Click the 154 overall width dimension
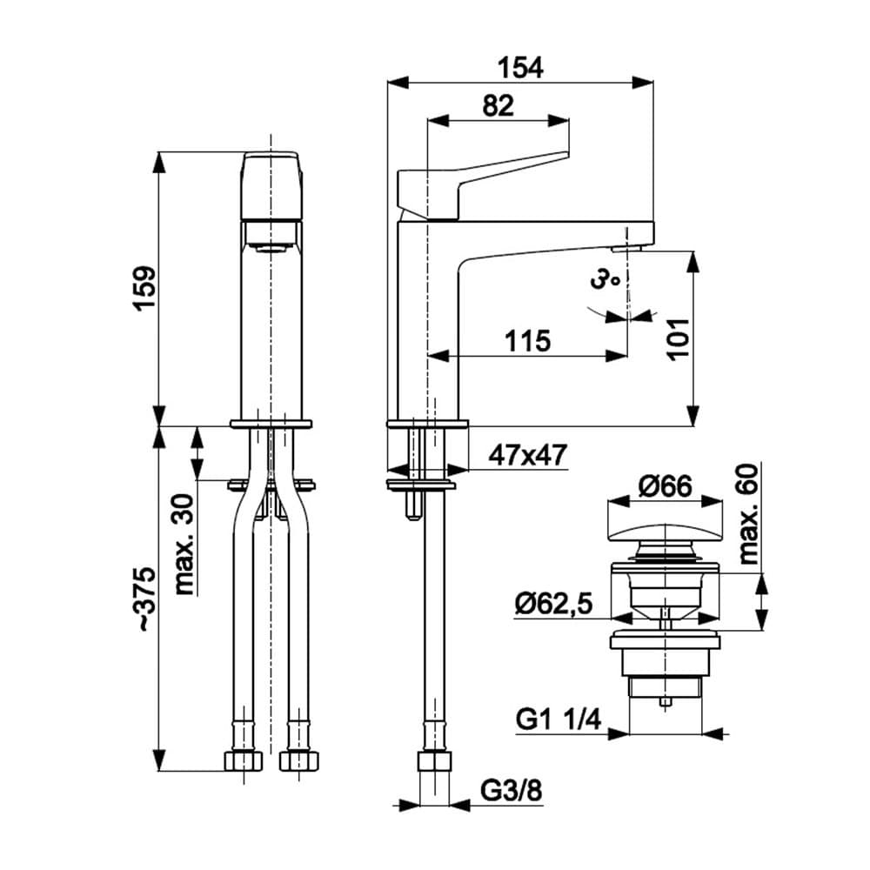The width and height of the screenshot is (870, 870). coord(520,68)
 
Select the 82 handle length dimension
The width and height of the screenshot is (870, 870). coord(498,105)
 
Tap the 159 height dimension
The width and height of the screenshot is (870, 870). coord(144,289)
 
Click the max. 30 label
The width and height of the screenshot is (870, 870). coord(184,545)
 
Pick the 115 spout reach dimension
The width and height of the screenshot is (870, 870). coord(527,341)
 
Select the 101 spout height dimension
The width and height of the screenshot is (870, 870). coord(678,339)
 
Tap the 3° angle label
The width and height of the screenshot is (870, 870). coord(605,278)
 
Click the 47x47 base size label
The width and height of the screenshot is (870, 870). coord(527,456)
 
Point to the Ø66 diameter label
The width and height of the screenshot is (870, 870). coord(665,486)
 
